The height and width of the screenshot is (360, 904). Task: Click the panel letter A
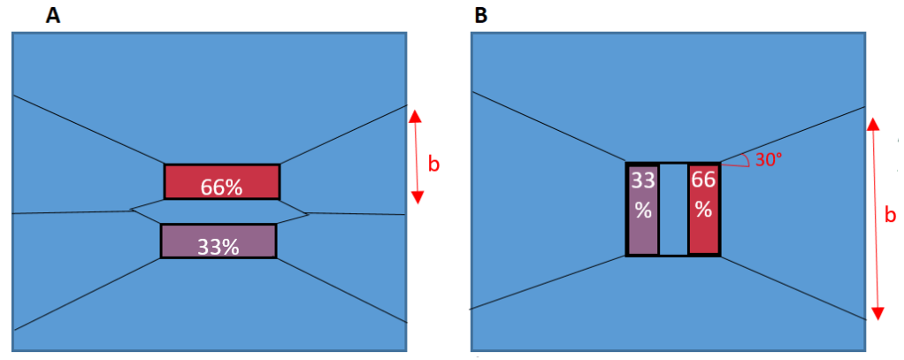pyautogui.click(x=53, y=16)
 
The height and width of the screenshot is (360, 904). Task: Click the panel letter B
pyautogui.click(x=481, y=16)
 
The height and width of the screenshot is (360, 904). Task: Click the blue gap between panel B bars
pyautogui.click(x=673, y=210)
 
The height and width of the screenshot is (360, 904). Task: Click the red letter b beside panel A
pyautogui.click(x=433, y=165)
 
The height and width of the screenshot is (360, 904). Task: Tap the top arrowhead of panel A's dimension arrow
pyautogui.click(x=417, y=116)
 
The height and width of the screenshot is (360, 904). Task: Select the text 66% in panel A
pyautogui.click(x=222, y=188)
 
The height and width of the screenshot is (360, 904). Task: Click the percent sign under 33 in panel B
pyautogui.click(x=642, y=212)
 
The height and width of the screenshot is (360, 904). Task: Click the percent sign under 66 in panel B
pyautogui.click(x=703, y=212)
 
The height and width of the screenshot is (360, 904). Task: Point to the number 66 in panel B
pyautogui.click(x=703, y=180)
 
